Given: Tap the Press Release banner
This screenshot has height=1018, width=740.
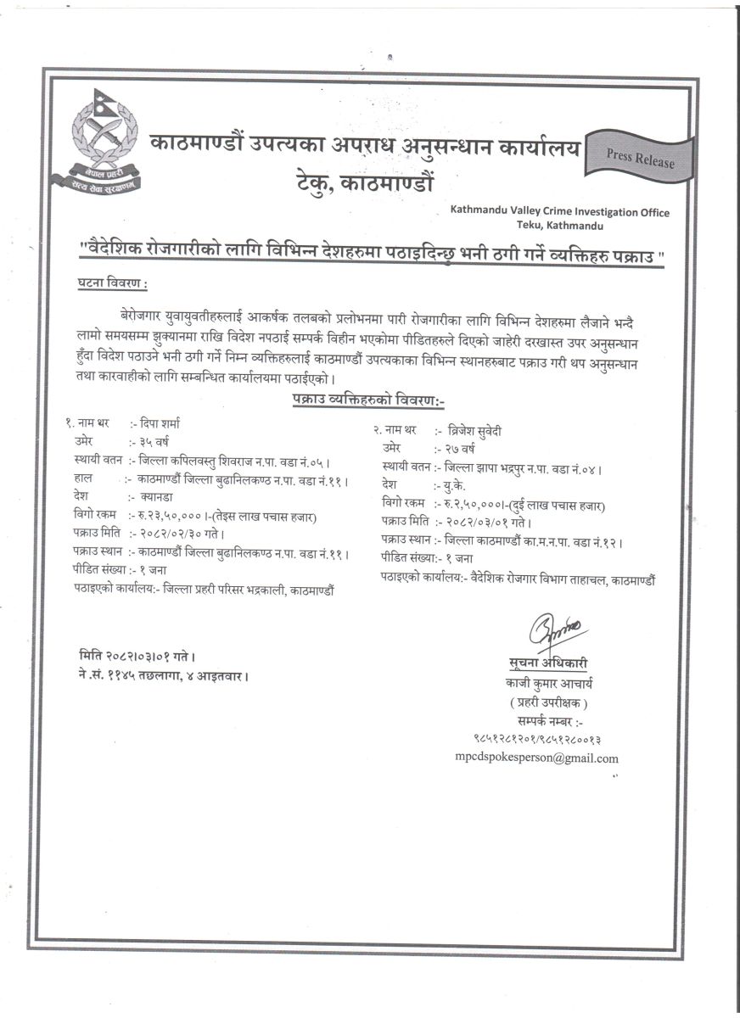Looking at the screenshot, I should pos(641,157).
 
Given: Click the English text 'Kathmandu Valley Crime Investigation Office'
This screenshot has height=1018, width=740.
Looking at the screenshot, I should pos(560,212).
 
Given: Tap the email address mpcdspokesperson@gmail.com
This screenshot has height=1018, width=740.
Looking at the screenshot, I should pos(536,758).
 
